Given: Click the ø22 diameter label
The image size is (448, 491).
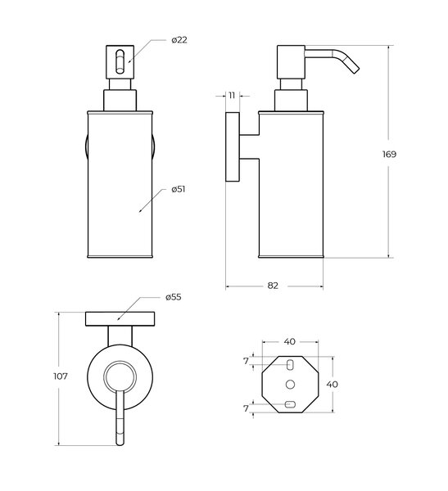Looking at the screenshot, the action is [x=179, y=40].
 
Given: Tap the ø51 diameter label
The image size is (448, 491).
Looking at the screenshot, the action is [x=178, y=189].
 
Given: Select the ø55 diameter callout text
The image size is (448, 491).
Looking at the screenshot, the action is [x=174, y=297].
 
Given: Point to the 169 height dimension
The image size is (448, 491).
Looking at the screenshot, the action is [x=389, y=154].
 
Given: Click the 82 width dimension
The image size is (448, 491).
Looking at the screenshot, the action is [x=273, y=286].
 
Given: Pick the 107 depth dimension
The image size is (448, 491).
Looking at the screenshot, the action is [x=60, y=376].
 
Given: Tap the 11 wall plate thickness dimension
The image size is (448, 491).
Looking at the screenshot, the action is [x=232, y=96].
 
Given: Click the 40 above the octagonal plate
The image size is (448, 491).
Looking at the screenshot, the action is [x=290, y=341].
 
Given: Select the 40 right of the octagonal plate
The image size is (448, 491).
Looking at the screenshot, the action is [x=333, y=385].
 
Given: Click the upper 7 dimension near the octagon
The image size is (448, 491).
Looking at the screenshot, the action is [x=246, y=362].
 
